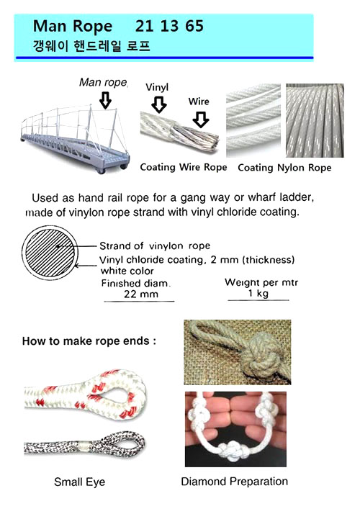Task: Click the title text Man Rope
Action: (72, 27)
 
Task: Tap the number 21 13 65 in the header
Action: (169, 27)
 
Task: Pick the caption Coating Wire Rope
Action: (183, 167)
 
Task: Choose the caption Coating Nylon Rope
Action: (284, 167)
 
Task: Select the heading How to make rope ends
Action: (89, 341)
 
